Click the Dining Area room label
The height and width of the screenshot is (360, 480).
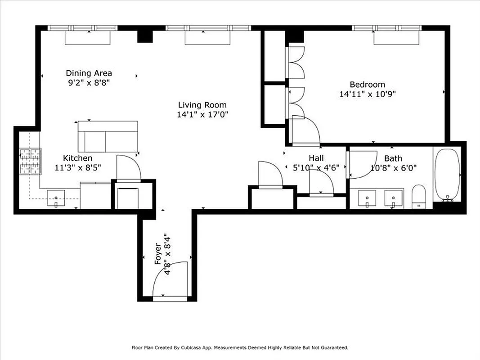click(x=89, y=73)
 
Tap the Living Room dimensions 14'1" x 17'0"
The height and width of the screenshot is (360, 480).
click(x=203, y=114)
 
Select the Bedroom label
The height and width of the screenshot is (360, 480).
click(x=367, y=84)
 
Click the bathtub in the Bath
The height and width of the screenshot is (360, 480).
click(x=447, y=175)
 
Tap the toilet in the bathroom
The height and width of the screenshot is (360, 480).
click(x=418, y=197)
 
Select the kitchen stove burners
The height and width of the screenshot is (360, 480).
click(x=30, y=162)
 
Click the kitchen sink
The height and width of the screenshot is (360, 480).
click(x=56, y=198)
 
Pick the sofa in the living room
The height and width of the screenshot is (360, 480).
click(x=108, y=136)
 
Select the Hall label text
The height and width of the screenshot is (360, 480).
click(x=316, y=158)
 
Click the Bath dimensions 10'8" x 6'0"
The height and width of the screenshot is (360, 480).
click(x=393, y=168)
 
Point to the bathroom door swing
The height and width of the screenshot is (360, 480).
click(x=362, y=163)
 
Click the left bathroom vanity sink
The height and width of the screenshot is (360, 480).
click(x=367, y=198)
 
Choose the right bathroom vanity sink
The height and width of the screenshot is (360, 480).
click(x=393, y=198)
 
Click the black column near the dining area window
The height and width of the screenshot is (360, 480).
click(x=144, y=35)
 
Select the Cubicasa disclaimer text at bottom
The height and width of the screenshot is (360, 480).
click(x=240, y=347)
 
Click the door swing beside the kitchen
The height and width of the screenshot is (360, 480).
click(x=128, y=167)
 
